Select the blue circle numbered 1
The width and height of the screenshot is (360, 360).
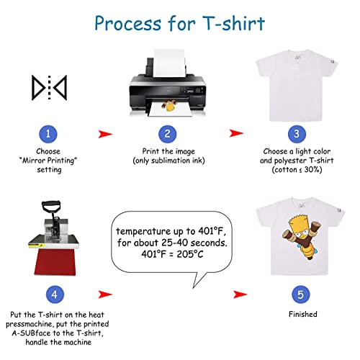[x=48, y=134]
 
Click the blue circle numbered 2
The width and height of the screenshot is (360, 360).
[x=166, y=134]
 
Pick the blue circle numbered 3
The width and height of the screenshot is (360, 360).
[x=296, y=134]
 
